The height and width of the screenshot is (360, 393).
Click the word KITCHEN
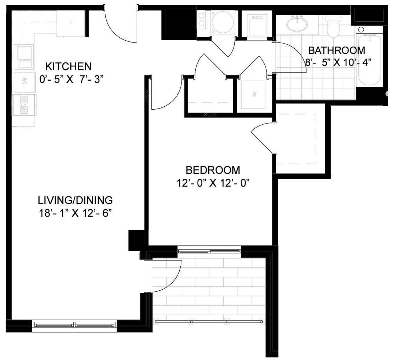(x=69, y=66)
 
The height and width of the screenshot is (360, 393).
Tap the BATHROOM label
(x=337, y=50)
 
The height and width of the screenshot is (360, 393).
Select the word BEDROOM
(x=213, y=170)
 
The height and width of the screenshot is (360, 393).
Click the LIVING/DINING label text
(x=75, y=200)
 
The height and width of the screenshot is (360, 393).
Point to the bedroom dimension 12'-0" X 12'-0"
(x=214, y=183)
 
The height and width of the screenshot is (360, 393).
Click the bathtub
(x=370, y=60)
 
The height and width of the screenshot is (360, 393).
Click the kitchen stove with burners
(x=24, y=105)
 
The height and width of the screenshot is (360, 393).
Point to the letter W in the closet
(x=254, y=95)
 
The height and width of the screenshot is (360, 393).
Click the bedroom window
(x=209, y=251)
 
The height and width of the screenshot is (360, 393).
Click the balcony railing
(x=209, y=322)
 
